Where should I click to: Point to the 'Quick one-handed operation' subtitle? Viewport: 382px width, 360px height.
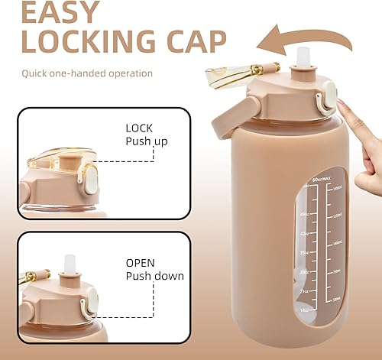pos(88,73)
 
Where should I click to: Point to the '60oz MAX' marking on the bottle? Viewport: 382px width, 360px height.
pos(296,180)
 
